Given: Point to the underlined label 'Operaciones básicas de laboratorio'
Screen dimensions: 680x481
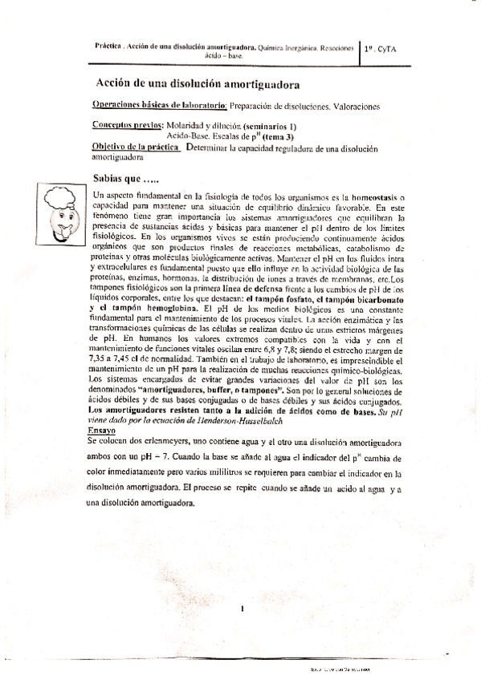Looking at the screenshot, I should (x=159, y=105).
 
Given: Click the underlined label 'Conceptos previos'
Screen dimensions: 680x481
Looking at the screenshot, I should (x=127, y=126).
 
